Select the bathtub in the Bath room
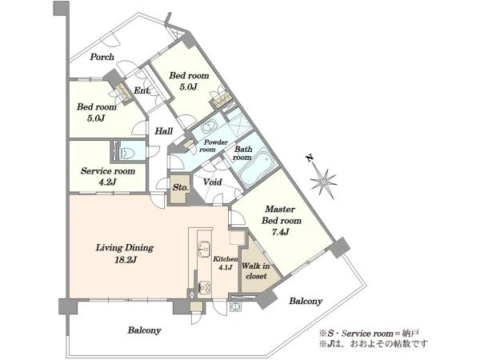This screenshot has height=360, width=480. (x=256, y=168)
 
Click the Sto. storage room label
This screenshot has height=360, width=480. (x=180, y=187)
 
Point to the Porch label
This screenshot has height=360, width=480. (x=102, y=57)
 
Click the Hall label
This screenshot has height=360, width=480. (x=164, y=131)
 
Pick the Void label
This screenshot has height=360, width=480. (x=213, y=182)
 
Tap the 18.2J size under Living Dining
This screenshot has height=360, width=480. (x=126, y=260)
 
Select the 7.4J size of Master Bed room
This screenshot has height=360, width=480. (x=281, y=232)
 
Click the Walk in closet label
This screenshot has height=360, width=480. (x=256, y=271)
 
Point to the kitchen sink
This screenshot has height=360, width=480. (x=204, y=248)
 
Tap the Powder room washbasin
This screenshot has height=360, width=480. (x=210, y=126)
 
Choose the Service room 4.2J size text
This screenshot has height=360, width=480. (x=107, y=182)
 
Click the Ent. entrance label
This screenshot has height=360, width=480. (x=142, y=90)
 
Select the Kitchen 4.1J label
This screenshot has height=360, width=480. (x=226, y=263)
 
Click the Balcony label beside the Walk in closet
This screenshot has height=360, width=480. (x=306, y=302)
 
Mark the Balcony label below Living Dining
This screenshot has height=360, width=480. (x=144, y=330)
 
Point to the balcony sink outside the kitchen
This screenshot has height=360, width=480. (x=235, y=306)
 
